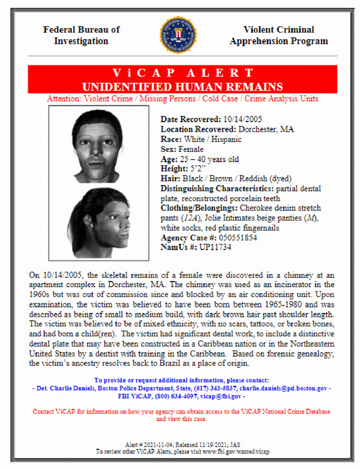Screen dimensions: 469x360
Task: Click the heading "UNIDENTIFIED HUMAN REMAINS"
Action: (183, 86)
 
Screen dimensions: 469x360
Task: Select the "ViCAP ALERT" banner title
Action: (183, 73)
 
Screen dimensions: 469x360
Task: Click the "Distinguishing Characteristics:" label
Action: (211, 188)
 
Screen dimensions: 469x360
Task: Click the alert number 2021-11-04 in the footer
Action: (156, 444)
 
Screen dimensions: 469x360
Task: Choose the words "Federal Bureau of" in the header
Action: (81, 30)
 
